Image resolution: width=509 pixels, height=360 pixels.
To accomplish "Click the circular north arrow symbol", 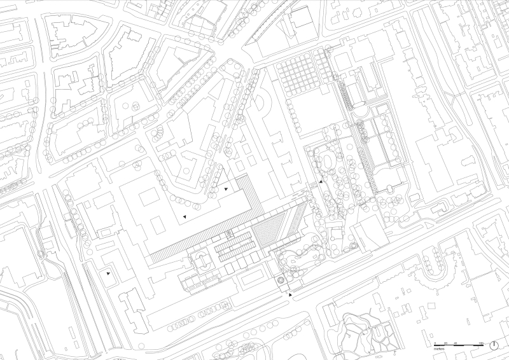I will pyautogui.click(x=494, y=345).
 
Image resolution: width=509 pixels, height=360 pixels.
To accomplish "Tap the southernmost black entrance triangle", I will pyautogui.click(x=291, y=295).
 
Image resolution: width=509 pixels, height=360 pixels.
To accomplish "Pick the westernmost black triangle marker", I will pyautogui.click(x=109, y=273).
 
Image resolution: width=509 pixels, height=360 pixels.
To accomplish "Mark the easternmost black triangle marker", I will pyautogui.click(x=321, y=182).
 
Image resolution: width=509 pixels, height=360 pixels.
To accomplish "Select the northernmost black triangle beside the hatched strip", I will pyautogui.click(x=227, y=189).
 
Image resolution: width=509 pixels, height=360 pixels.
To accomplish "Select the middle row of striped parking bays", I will pyautogui.click(x=234, y=245).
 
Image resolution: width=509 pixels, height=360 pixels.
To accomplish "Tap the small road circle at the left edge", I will pyautogui.click(x=43, y=253).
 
